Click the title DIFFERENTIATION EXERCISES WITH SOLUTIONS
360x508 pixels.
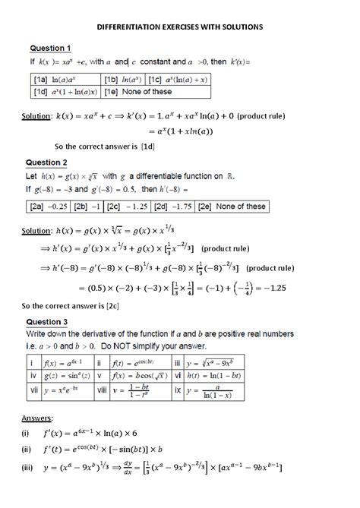[x=179, y=26]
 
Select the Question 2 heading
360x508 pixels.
[x=47, y=162]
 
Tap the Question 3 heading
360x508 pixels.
[x=47, y=322]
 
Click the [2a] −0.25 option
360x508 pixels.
[x=52, y=207]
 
